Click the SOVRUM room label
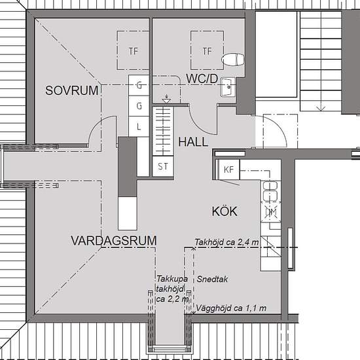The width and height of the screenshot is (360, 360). click(x=72, y=90)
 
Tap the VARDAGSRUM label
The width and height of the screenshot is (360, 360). click(x=113, y=241)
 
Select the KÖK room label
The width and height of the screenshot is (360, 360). click(x=224, y=211)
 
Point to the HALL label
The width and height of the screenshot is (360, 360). click(x=192, y=141)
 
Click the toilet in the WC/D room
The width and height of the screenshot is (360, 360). click(x=232, y=60)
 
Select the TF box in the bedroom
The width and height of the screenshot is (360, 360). click(x=134, y=50)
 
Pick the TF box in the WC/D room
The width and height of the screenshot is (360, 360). click(x=207, y=50)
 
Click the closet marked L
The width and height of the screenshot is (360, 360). click(x=139, y=126)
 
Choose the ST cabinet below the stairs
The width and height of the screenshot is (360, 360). click(x=162, y=166)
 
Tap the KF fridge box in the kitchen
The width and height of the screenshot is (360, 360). click(x=228, y=170)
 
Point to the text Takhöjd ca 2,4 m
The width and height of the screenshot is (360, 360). click(x=226, y=242)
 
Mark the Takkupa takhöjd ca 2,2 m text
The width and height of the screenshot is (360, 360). click(x=172, y=289)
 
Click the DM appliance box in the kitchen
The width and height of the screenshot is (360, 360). click(x=270, y=213)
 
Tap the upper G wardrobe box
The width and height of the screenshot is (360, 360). click(x=139, y=84)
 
